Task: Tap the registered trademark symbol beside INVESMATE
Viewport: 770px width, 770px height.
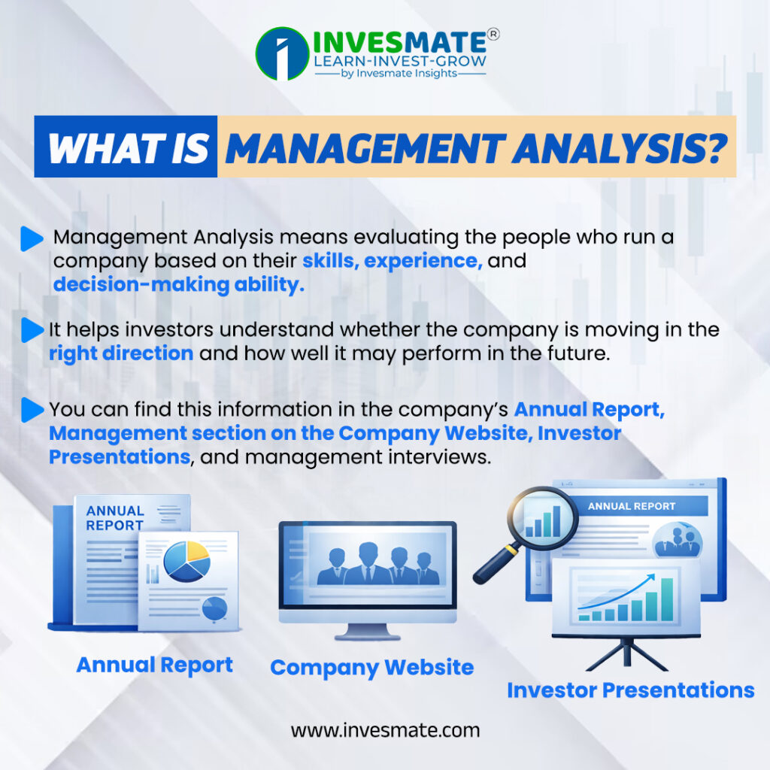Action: click(x=493, y=34)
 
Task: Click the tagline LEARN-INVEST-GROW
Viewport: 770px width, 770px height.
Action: click(x=400, y=62)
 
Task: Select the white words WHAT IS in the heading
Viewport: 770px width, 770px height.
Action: click(x=128, y=148)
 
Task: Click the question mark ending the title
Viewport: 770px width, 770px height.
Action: click(x=712, y=148)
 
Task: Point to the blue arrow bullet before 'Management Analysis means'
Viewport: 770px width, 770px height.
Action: click(x=32, y=239)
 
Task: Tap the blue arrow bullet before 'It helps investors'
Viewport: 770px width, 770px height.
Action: click(x=32, y=330)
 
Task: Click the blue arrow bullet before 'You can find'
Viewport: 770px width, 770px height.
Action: click(x=32, y=410)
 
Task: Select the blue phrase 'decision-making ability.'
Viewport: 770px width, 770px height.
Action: click(x=179, y=285)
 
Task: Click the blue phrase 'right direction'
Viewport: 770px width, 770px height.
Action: click(x=121, y=353)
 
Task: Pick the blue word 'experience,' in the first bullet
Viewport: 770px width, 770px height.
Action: click(x=423, y=261)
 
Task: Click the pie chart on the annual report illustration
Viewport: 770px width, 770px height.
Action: click(x=186, y=561)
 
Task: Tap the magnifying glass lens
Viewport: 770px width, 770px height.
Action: click(x=542, y=519)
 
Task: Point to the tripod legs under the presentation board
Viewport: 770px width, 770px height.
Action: click(x=626, y=653)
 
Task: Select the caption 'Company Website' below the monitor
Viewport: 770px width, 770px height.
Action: click(x=371, y=668)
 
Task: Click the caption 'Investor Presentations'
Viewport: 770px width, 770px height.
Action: click(x=631, y=690)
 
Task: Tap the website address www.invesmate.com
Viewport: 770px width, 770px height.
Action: click(x=385, y=730)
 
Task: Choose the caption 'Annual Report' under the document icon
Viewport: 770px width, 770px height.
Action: click(x=155, y=665)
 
